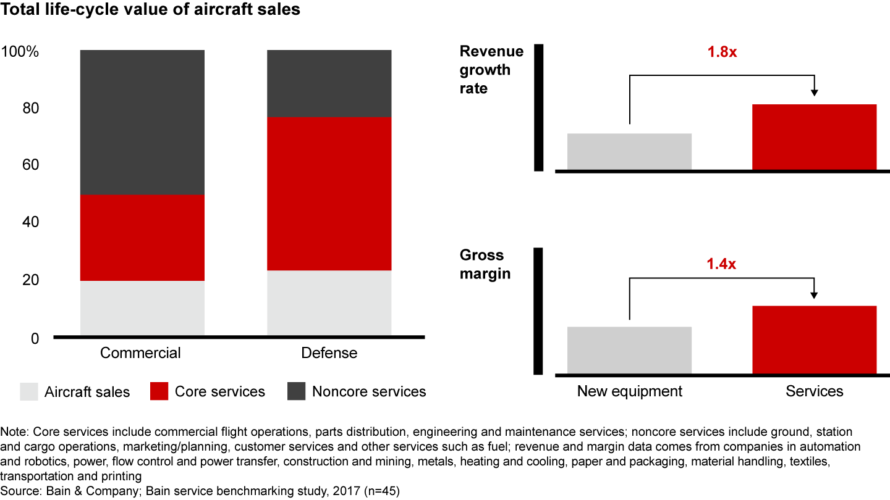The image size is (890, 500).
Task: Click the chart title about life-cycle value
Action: click(151, 10)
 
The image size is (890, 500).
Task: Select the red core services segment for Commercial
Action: click(142, 238)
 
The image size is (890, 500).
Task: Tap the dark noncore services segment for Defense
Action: click(329, 83)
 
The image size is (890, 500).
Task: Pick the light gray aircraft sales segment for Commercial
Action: click(142, 309)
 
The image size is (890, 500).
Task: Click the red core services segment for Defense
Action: click(329, 193)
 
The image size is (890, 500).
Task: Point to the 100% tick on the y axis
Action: click(20, 52)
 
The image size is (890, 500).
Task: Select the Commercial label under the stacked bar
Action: click(140, 353)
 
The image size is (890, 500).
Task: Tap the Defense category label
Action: click(329, 353)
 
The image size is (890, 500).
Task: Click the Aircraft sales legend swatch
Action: click(29, 391)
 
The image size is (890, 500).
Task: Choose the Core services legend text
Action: click(220, 391)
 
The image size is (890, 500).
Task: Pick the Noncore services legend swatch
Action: click(296, 391)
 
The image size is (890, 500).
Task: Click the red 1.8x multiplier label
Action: click(722, 52)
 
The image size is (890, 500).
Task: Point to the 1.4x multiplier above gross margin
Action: click(722, 265)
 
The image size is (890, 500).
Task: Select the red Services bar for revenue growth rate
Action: click(814, 137)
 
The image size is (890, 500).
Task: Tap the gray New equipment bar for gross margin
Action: click(629, 350)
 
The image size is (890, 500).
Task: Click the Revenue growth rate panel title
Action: click(491, 70)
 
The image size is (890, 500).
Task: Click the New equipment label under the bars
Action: click(629, 391)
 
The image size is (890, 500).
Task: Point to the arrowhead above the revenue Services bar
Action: click(814, 93)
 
